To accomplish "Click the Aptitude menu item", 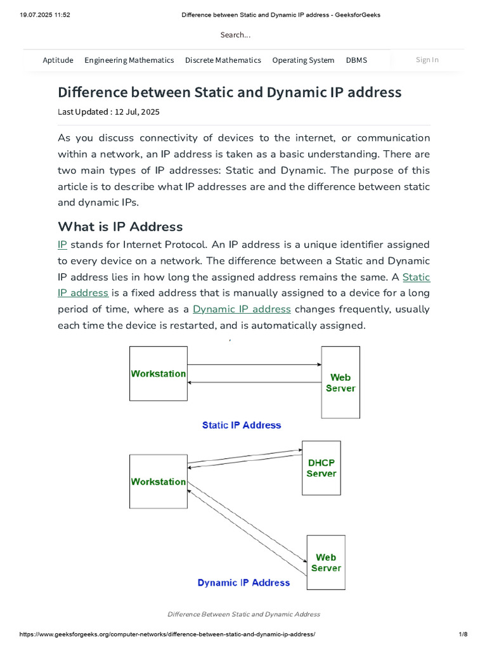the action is coord(58,60).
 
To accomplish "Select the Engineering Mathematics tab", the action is coord(129,60).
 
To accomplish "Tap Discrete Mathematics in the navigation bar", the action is coord(223,60).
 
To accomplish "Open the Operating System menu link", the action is coord(303,60).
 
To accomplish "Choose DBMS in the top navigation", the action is coord(356,60).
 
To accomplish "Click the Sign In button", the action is coord(427,60).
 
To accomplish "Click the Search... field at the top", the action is coord(235,35).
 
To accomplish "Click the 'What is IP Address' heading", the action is coord(120,226).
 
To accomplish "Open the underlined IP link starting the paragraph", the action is coord(62,245).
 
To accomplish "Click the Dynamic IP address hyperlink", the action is coord(242,309).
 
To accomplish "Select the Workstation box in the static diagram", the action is coord(159,373).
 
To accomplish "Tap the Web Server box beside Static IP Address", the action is coord(341,382).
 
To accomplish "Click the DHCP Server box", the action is coord(321,468).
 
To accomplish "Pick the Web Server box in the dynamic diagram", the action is coord(326,562).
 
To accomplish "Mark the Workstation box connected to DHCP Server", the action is coord(159,482).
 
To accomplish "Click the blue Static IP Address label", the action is coord(241,425).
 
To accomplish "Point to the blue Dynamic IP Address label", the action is coord(243,582).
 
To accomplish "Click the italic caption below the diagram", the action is coord(243,614).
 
